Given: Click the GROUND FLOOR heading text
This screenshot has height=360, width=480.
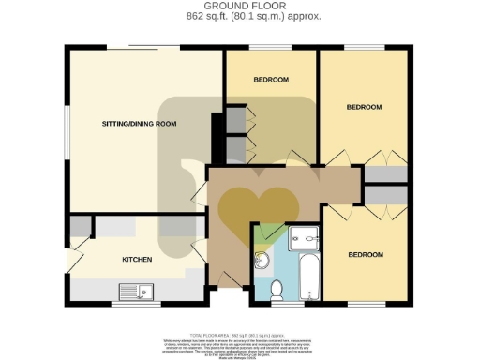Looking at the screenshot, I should (x=239, y=7).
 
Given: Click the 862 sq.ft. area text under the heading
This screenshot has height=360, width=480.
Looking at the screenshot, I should (x=239, y=17).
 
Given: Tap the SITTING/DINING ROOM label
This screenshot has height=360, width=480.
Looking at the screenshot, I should (x=139, y=124).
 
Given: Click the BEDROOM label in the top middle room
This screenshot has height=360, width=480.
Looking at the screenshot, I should (x=271, y=80).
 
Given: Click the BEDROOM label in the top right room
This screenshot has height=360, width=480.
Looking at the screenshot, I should (x=364, y=107).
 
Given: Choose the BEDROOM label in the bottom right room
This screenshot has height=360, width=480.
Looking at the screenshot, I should (x=366, y=254).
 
